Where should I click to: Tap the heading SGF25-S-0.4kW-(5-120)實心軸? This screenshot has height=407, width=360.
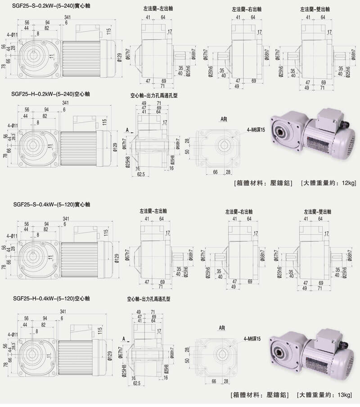point(52,204)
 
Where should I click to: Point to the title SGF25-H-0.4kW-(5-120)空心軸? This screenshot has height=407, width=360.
point(52,298)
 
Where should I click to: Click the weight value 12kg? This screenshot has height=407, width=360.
point(348,183)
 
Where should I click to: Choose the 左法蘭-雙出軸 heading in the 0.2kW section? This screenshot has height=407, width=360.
point(315,9)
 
